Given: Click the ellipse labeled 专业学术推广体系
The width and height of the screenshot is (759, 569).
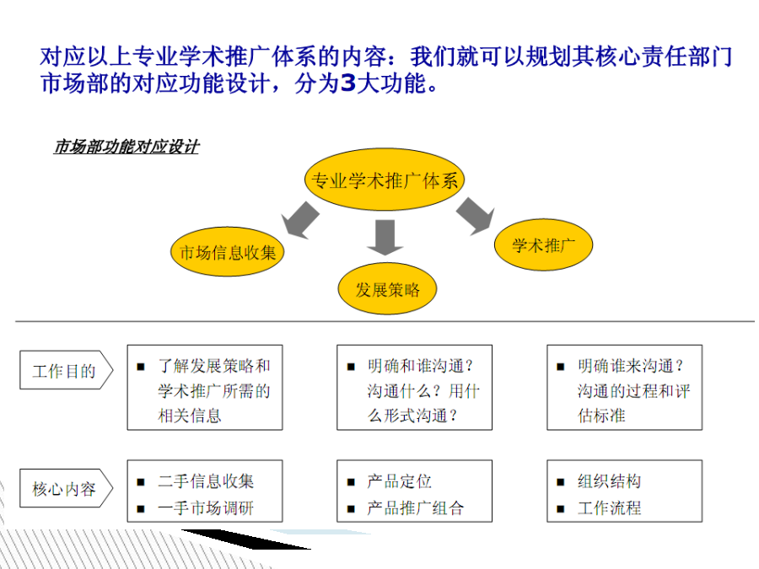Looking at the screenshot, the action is click(385, 180).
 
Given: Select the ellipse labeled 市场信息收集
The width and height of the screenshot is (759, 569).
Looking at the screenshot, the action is click(227, 251).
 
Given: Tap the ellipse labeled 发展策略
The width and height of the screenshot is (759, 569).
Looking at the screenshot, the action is click(387, 289).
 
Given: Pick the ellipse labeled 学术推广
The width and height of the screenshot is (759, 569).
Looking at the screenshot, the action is click(543, 244).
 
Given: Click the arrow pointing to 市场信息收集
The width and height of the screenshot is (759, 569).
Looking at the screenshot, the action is click(300, 220).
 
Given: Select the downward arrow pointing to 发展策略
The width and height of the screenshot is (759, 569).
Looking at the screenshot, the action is click(385, 237).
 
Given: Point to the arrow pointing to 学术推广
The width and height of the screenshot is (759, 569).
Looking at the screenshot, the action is click(476, 216).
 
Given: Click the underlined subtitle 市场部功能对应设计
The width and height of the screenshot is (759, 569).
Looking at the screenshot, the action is click(126, 147).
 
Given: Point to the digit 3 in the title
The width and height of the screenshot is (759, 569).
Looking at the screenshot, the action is click(348, 83).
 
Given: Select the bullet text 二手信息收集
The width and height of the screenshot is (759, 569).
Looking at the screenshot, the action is click(206, 481).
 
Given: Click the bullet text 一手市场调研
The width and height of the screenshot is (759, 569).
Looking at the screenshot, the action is click(206, 508).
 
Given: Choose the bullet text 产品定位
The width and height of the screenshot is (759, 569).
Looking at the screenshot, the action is click(400, 481).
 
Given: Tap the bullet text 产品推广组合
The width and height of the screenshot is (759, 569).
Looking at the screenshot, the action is click(416, 508).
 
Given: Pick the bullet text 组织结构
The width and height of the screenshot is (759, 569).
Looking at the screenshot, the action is click(610, 481).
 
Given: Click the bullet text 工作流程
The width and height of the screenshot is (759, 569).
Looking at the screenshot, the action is click(610, 508).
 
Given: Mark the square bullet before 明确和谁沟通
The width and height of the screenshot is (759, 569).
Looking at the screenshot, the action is click(351, 367).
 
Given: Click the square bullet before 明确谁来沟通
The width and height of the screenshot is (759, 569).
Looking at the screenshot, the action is click(561, 367).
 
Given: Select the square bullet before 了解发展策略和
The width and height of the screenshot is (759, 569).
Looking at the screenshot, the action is click(141, 367).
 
